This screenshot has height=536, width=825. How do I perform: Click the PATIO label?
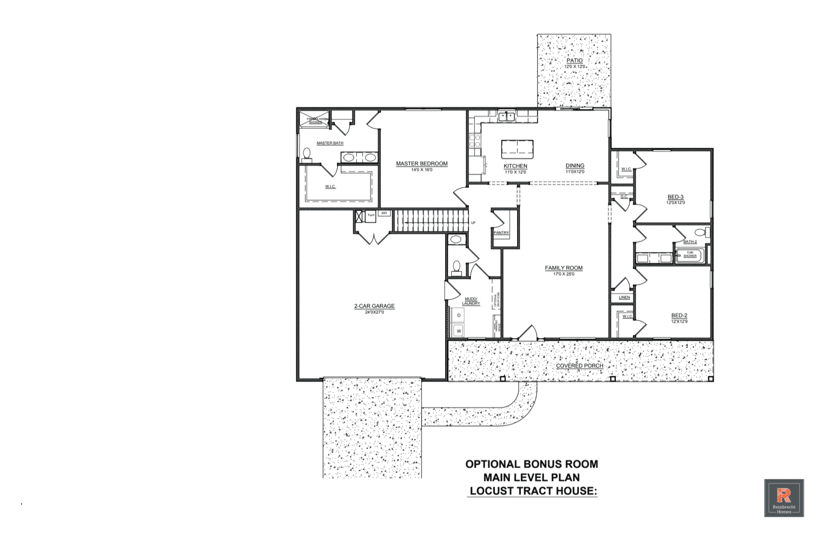(x=574, y=61)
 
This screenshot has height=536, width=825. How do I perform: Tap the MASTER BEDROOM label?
(x=422, y=164)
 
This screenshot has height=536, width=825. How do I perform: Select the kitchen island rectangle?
(x=517, y=148)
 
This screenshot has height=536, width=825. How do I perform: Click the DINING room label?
(x=575, y=166)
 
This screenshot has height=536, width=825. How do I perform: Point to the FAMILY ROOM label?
(x=563, y=268)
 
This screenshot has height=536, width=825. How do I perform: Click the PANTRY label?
(x=501, y=233)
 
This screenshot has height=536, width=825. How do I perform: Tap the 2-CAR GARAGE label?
(x=374, y=306)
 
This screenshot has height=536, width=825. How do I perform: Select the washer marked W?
(x=458, y=331)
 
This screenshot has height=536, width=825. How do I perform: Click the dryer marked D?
(x=458, y=315)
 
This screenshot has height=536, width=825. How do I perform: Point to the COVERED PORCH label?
(x=579, y=366)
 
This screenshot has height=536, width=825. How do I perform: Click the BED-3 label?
(x=675, y=197)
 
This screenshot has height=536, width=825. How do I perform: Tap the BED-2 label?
(x=679, y=315)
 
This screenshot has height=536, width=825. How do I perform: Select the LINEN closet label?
(x=624, y=297)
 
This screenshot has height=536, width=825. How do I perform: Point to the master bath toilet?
(x=307, y=153)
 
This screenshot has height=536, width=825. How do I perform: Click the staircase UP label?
(x=473, y=223)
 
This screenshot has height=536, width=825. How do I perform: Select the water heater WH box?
(x=384, y=213)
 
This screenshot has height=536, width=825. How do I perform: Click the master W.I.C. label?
(x=330, y=187)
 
